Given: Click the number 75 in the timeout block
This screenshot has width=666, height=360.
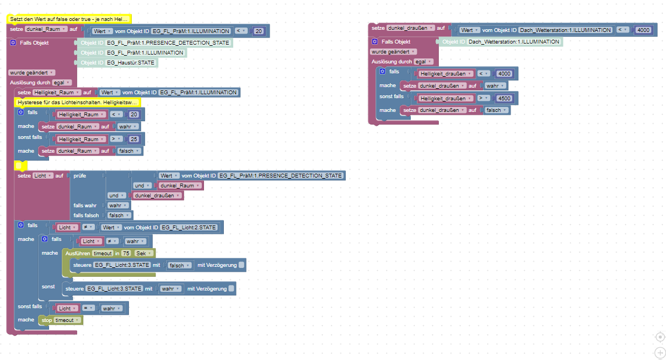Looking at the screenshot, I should (x=126, y=252).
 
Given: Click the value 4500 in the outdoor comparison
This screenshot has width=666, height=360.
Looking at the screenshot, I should (x=504, y=98).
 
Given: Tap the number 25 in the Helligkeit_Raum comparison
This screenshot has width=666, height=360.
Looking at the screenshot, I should (x=133, y=139).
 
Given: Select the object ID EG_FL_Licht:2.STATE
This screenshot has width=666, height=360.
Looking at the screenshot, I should (x=189, y=227).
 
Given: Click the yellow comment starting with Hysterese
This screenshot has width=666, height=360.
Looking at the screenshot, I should (x=77, y=103).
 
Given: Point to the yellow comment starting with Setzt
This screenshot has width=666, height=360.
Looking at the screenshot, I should (x=69, y=19).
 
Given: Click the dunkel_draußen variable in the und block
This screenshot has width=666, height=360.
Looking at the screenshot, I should (x=159, y=196).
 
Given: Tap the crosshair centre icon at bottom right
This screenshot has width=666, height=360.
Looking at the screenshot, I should (x=660, y=337).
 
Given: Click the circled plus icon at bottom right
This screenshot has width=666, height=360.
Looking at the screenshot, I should (x=660, y=352).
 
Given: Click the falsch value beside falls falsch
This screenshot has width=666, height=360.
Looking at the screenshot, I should (x=120, y=215).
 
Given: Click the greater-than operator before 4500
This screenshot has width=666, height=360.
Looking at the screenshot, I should (x=484, y=98).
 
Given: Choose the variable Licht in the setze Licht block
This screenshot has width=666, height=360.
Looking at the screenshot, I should (x=42, y=175).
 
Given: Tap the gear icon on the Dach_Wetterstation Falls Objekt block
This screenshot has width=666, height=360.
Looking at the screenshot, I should (x=375, y=42).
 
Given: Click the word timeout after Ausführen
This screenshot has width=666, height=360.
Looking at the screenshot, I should (x=103, y=252).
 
